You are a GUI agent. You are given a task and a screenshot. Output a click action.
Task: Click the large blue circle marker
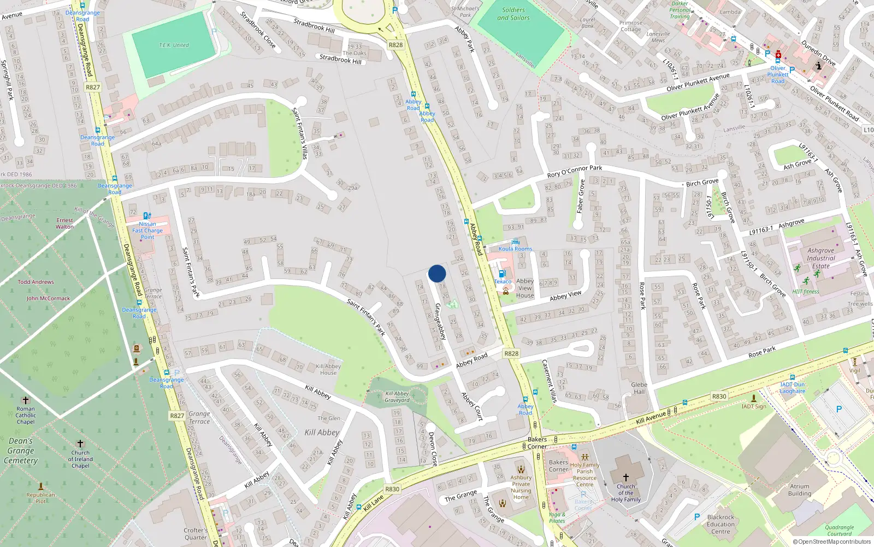[437, 273]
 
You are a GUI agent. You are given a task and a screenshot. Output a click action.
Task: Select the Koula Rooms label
[515, 249]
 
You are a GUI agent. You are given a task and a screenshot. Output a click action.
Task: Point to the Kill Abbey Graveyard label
[397, 397]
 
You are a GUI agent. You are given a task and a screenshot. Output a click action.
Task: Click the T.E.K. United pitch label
[174, 45]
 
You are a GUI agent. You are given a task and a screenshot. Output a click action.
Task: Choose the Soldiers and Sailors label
[513, 14]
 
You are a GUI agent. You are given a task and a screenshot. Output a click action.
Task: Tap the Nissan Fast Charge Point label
[147, 230]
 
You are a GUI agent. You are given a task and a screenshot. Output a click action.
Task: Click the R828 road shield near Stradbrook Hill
[395, 45]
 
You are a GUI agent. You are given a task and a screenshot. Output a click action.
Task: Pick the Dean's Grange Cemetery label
[21, 451]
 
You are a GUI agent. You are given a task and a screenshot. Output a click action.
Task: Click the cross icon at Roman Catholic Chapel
[25, 400]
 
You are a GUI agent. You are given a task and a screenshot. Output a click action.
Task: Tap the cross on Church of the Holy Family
[626, 478]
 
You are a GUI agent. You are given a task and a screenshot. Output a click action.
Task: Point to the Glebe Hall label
[639, 388]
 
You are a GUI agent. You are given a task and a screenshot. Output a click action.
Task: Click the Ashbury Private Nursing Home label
[521, 487]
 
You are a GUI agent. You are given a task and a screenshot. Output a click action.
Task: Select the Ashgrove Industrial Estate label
[820, 258]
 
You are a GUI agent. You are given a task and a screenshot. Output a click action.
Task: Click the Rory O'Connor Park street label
[575, 171]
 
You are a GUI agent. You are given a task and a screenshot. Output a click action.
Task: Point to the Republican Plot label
[41, 498]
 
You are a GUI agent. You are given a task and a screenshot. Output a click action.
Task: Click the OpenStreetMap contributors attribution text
[831, 542]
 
